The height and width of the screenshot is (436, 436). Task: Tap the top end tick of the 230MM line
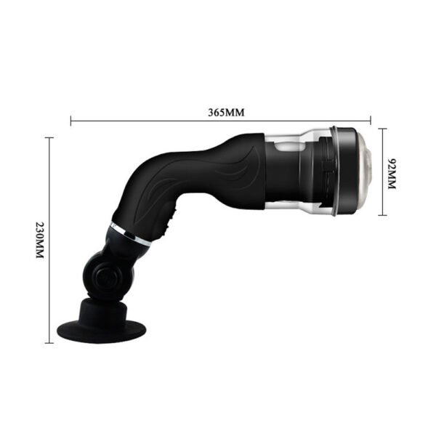[x=50, y=137]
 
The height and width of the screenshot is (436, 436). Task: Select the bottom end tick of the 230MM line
[x=50, y=342]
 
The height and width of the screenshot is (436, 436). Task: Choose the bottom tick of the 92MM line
[x=382, y=216]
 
